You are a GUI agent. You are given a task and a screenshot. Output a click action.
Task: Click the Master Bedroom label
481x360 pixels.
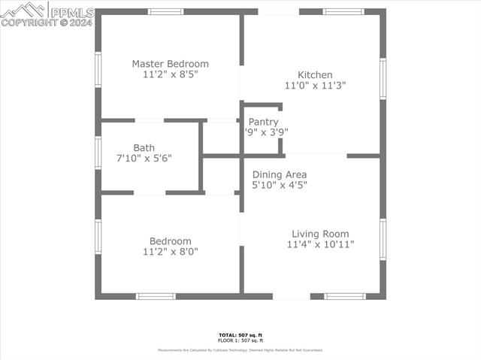171,64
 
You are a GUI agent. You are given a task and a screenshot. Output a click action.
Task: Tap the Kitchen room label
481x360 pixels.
315,75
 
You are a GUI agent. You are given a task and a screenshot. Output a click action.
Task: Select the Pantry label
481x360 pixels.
263,122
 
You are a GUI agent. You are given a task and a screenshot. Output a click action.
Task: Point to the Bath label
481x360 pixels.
144,148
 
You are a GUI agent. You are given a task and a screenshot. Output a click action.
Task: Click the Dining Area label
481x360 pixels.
280,174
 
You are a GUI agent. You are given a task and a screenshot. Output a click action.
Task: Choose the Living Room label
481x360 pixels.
320,234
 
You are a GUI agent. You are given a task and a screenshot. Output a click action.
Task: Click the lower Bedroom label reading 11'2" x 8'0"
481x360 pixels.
170,241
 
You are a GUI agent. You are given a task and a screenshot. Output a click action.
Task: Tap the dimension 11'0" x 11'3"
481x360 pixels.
315,86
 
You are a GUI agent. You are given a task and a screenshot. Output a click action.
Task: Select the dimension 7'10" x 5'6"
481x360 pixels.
144,159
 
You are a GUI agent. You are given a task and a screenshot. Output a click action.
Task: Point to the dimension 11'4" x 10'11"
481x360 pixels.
320,244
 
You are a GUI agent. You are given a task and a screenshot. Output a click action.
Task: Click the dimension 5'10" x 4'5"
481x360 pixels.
280,185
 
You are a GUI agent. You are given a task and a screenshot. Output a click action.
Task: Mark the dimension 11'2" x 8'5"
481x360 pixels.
171,74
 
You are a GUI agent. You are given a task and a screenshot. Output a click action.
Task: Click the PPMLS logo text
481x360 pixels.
71,12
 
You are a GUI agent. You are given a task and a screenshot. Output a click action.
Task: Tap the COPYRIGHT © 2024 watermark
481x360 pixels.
47,23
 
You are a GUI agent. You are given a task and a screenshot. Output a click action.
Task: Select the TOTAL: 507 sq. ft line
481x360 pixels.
240,334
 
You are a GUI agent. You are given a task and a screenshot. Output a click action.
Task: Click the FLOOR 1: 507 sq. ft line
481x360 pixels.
240,340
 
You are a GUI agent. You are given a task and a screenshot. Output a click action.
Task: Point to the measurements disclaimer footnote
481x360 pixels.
240,350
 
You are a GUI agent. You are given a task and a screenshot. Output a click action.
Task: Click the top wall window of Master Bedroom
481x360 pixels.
165,12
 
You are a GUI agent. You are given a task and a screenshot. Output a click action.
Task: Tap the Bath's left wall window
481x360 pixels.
98,153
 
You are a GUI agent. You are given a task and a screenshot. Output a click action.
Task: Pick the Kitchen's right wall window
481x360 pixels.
383,78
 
